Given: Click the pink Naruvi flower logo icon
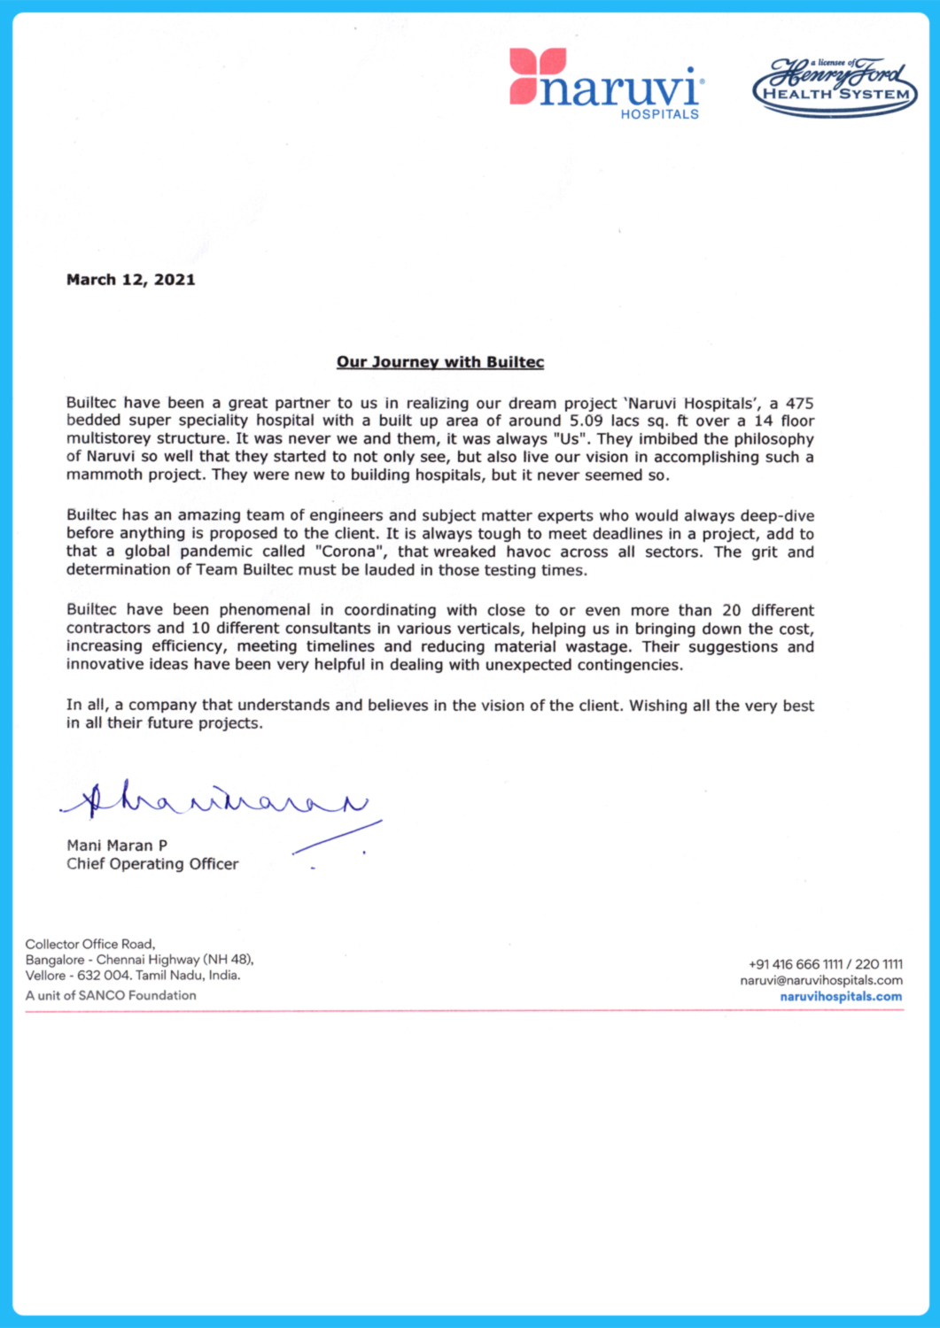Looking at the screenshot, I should pyautogui.click(x=537, y=76).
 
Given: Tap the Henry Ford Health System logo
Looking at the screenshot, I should pyautogui.click(x=835, y=87).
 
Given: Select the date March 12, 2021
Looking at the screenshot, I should pyautogui.click(x=130, y=280).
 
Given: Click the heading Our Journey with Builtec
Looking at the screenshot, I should pyautogui.click(x=440, y=362).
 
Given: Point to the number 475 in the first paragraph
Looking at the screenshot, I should pyautogui.click(x=799, y=403).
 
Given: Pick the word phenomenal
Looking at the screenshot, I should pyautogui.click(x=265, y=610).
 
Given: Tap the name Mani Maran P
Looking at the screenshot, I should pyautogui.click(x=117, y=845).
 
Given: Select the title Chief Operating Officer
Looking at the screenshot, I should pyautogui.click(x=152, y=864).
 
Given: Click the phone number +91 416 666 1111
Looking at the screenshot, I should pyautogui.click(x=796, y=964).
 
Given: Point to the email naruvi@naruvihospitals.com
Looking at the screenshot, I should pyautogui.click(x=821, y=980).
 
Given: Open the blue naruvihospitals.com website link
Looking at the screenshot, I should pyautogui.click(x=841, y=997).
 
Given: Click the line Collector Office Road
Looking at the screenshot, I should pyautogui.click(x=90, y=944).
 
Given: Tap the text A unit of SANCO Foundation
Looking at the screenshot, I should pyautogui.click(x=111, y=995).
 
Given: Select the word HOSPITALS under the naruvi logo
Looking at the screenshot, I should pyautogui.click(x=659, y=114).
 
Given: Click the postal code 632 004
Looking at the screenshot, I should pyautogui.click(x=104, y=976).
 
